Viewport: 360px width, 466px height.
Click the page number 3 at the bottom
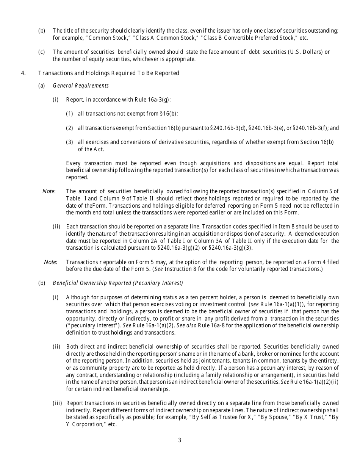(180, 440)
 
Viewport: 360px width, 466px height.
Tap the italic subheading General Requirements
(81, 86)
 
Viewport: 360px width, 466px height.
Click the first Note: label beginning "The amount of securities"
(49, 191)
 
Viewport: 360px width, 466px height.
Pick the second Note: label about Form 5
(50, 262)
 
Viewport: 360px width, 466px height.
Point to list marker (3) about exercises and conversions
(69, 142)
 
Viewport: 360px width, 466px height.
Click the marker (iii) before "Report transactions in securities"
(57, 403)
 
